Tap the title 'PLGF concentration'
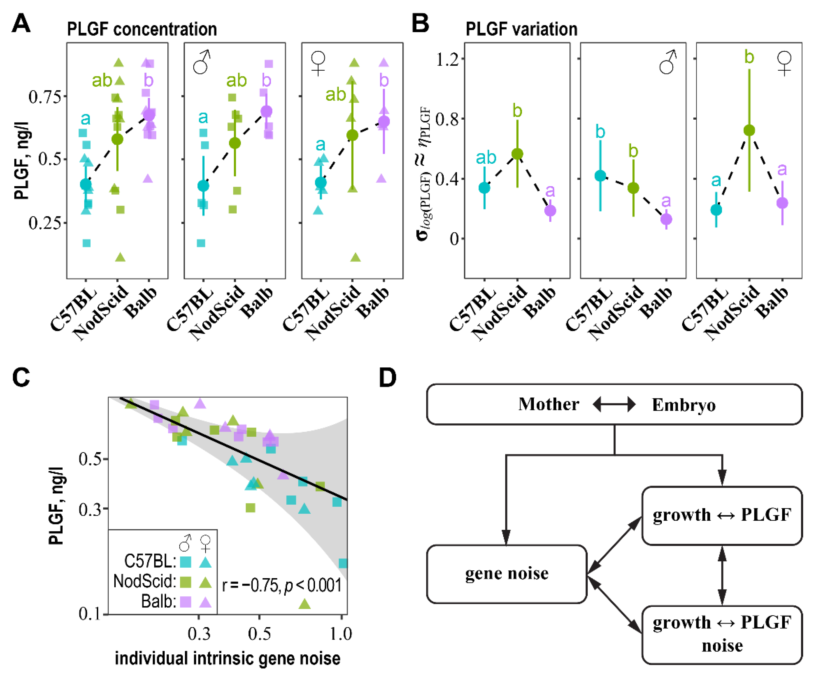142,29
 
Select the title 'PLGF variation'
521,29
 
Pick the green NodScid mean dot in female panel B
749,130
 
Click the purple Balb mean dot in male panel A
266,111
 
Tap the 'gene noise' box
506,574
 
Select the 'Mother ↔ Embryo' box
614,404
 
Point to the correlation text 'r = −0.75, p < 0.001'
282,585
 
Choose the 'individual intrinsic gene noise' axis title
228,658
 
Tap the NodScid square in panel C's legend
186,582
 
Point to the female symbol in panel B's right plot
784,63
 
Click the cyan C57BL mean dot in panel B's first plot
484,188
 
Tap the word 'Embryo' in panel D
684,405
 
